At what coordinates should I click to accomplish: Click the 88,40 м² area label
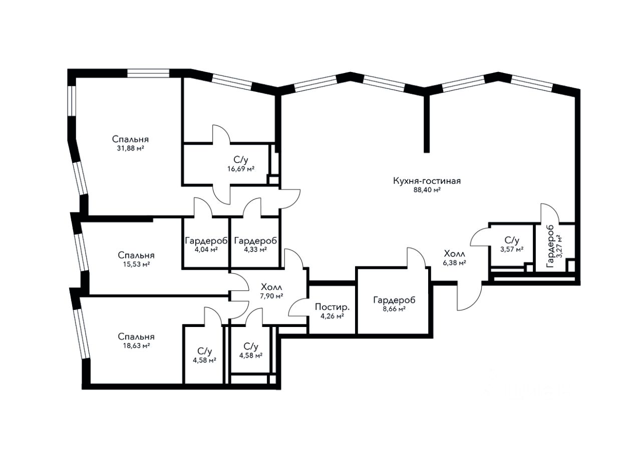click(x=427, y=190)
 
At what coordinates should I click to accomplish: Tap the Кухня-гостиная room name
click(x=427, y=181)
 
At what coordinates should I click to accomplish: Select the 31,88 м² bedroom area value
click(x=130, y=148)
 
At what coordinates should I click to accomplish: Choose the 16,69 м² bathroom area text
click(x=240, y=168)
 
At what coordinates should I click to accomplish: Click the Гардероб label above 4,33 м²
click(x=255, y=240)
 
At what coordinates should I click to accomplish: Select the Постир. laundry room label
click(x=329, y=307)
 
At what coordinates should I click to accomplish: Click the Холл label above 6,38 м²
click(x=454, y=253)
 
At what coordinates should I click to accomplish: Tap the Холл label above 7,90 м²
click(x=271, y=287)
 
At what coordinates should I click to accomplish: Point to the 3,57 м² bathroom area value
click(x=511, y=248)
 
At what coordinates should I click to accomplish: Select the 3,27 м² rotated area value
click(x=559, y=245)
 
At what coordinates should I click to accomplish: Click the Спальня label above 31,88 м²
click(x=130, y=139)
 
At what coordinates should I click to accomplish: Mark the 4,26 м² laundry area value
click(x=329, y=316)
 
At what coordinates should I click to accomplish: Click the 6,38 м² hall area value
click(x=454, y=262)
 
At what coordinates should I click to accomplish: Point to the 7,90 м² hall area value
click(x=271, y=296)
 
